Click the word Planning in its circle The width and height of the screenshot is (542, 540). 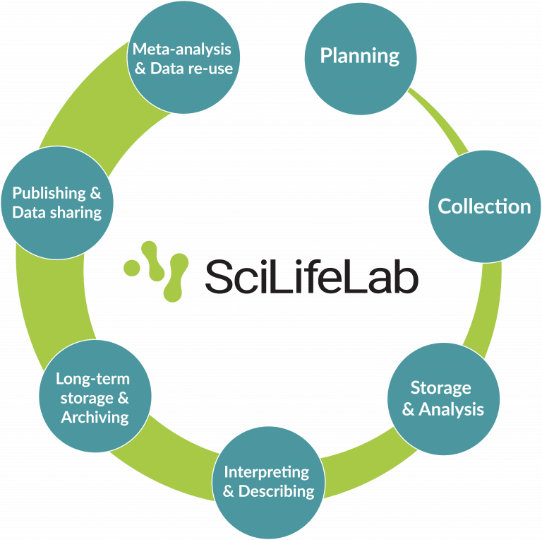[x=360, y=56]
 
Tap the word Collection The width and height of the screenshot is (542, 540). [x=484, y=206]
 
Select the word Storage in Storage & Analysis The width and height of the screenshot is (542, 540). [x=441, y=387]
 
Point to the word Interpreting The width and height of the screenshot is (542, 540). [x=267, y=471]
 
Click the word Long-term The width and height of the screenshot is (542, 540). [x=93, y=379]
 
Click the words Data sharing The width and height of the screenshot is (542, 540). [x=57, y=212]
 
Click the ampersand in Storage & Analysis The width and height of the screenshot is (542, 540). [x=409, y=410]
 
